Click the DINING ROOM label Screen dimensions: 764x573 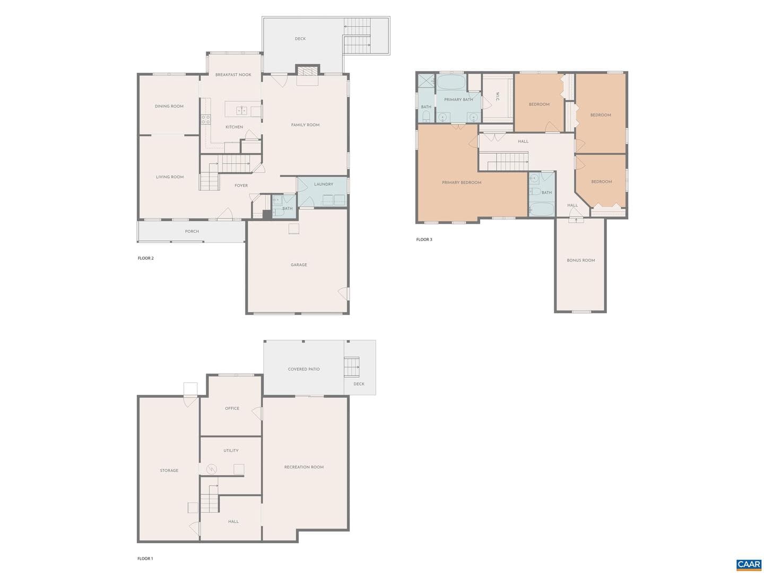[x=169, y=106]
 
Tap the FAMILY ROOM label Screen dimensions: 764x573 [x=305, y=125]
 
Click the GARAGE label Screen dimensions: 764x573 [x=299, y=265]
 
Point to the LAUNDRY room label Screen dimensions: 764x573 [x=323, y=184]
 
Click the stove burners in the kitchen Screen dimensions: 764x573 [x=206, y=119]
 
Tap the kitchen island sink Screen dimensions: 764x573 [x=241, y=111]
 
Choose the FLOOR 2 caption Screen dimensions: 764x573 [x=145, y=258]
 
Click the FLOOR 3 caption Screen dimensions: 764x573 [x=424, y=239]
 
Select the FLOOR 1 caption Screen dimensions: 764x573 [x=145, y=559]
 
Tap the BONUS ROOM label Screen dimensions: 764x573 [x=580, y=260]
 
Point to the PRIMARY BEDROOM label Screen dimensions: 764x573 [x=462, y=183]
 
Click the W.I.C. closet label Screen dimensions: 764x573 [x=497, y=97]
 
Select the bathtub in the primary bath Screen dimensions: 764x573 [x=451, y=82]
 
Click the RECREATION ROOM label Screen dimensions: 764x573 [x=304, y=467]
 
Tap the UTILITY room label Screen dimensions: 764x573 [x=231, y=450]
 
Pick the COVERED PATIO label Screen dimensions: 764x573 [x=303, y=369]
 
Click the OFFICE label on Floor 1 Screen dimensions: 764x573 [x=232, y=409]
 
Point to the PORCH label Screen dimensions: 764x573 [x=192, y=231]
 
